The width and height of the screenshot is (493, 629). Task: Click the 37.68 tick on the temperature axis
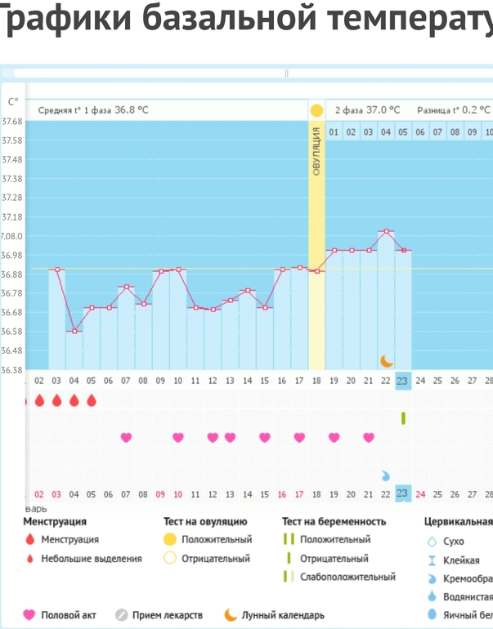tap(12, 121)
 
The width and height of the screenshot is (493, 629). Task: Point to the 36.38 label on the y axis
tap(12, 370)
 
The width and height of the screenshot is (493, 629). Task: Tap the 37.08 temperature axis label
tap(12, 236)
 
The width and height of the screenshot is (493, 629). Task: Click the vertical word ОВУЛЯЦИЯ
tap(316, 151)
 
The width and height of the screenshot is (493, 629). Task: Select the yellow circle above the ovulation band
tap(316, 109)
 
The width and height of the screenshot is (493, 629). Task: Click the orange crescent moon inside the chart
tap(387, 360)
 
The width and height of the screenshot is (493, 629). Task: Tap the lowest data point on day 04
tap(74, 331)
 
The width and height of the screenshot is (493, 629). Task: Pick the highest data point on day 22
tap(386, 232)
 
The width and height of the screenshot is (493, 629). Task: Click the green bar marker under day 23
tap(403, 418)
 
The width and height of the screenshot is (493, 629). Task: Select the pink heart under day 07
tap(126, 438)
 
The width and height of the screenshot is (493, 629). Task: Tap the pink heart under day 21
tap(369, 438)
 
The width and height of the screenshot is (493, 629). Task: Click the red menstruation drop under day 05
tap(92, 400)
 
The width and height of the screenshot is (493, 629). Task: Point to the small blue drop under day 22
tap(386, 475)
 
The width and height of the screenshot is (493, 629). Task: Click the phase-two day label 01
tap(334, 132)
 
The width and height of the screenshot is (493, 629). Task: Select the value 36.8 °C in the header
tap(132, 109)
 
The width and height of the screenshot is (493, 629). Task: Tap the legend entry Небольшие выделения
tap(91, 559)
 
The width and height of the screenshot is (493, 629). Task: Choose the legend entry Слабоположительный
tap(347, 577)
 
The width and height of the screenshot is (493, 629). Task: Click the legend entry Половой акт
tap(69, 615)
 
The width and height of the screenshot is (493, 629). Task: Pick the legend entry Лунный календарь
tap(282, 615)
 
